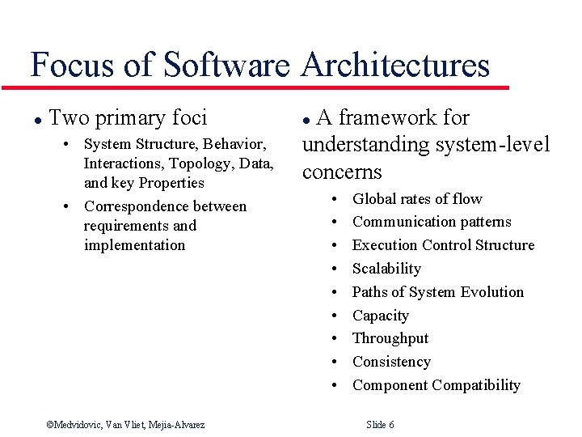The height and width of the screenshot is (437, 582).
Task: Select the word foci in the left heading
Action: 189,118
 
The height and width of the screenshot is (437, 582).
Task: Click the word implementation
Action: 134,245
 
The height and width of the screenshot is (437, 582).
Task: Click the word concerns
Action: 342,172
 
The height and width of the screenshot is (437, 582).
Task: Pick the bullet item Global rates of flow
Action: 417,199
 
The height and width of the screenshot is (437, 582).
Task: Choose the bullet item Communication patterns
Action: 432,222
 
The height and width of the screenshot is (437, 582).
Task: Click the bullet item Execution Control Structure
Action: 443,245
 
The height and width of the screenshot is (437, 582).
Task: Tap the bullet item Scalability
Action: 386,269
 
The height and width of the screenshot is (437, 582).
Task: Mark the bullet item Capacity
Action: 380,316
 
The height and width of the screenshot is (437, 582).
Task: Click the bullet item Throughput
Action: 390,338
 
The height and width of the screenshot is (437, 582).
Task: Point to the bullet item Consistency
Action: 391,362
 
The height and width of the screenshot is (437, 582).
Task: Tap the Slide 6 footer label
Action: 380,425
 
